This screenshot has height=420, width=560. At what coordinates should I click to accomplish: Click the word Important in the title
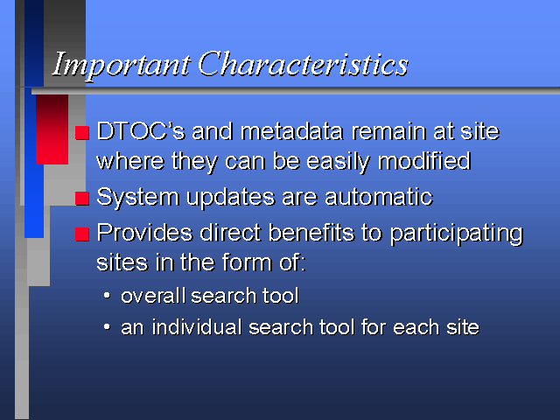click(121, 66)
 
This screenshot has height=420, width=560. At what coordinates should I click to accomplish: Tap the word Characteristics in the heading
click(304, 64)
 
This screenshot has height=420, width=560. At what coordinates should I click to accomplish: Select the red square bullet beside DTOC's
click(82, 133)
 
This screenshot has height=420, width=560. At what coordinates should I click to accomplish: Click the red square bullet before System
click(82, 199)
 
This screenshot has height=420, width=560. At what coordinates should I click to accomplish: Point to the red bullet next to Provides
click(82, 234)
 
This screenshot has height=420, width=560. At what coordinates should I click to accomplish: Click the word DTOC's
click(141, 131)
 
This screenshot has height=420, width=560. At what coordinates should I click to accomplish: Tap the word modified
click(424, 161)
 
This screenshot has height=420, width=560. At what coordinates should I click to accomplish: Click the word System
click(138, 198)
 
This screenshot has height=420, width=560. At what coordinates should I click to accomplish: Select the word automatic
click(379, 196)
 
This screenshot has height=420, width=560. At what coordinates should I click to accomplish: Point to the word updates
click(231, 198)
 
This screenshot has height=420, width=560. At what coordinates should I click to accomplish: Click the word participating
click(456, 234)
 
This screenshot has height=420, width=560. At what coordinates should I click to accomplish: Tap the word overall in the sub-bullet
click(153, 296)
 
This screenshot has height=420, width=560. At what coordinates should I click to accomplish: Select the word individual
click(197, 326)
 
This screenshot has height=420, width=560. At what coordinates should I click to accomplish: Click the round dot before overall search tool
click(107, 296)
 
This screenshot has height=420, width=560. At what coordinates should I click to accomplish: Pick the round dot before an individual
click(107, 326)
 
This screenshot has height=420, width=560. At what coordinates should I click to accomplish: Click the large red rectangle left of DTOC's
click(52, 129)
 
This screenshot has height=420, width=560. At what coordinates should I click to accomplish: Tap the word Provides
click(144, 232)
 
